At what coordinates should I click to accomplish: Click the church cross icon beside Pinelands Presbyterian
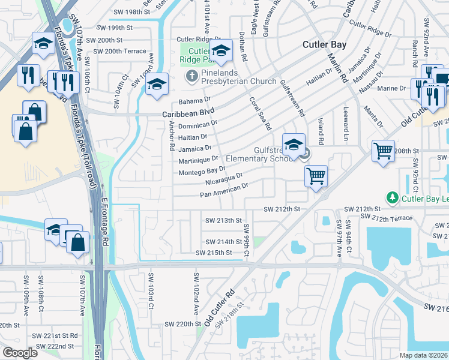point(191,76)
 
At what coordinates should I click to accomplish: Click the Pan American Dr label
point(224,190)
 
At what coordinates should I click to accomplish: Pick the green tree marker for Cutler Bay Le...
point(392,197)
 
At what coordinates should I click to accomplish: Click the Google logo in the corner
point(20,353)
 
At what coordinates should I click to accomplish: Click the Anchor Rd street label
point(172,136)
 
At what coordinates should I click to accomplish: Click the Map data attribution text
point(423,355)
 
